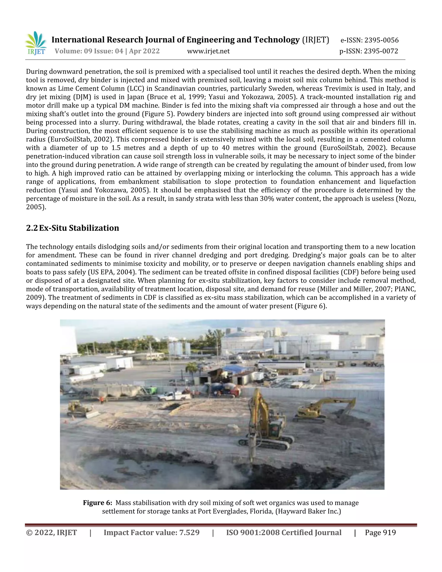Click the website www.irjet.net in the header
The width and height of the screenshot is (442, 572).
(208, 51)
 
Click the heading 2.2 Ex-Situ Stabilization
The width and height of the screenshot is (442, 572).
(73, 228)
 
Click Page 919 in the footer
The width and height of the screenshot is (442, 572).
(380, 532)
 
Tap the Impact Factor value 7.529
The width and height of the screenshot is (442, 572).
(189, 532)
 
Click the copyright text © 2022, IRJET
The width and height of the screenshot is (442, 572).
(51, 532)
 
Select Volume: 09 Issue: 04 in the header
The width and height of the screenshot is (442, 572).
(89, 51)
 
